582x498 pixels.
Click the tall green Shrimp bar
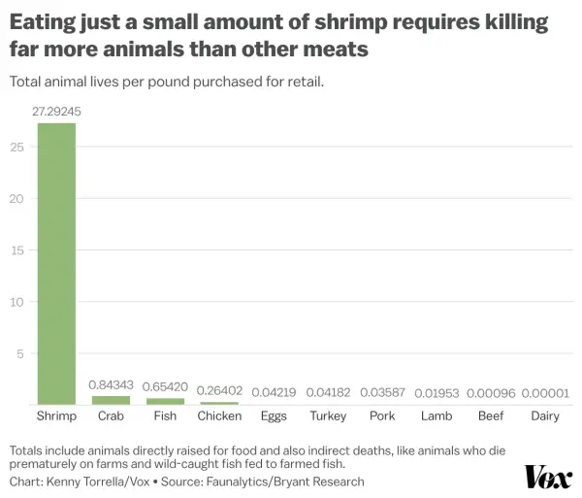tap(56, 264)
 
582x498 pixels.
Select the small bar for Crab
tap(111, 400)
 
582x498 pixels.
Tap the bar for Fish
tap(165, 402)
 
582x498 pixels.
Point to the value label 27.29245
tap(56, 112)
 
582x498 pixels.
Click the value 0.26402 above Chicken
tap(219, 390)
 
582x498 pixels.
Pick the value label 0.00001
tap(545, 393)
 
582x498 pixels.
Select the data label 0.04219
tap(274, 392)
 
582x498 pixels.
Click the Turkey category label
tap(328, 415)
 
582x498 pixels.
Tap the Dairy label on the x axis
tap(545, 415)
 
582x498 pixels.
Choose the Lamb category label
tap(436, 415)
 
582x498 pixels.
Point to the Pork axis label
tap(382, 415)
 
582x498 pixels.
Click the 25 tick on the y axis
tap(17, 148)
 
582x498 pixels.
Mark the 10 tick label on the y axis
tap(17, 302)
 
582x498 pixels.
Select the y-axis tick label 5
tap(20, 354)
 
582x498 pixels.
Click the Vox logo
tap(548, 478)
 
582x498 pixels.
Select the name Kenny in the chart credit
tap(61, 481)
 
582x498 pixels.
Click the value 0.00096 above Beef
tap(491, 393)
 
